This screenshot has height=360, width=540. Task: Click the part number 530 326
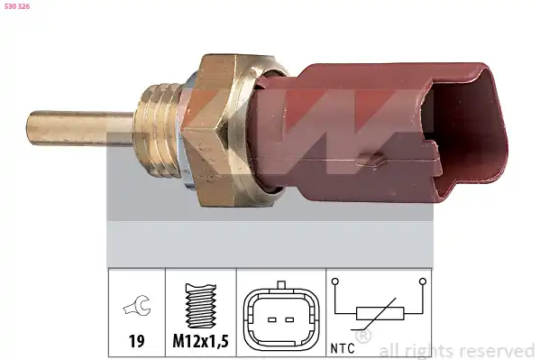point(17,6)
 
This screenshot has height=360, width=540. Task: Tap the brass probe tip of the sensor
point(79,128)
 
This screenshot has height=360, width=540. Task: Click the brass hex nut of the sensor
point(220,130)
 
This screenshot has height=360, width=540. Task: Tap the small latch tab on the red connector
point(371,159)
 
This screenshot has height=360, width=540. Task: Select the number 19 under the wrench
point(137,341)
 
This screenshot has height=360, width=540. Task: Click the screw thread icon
point(201,306)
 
